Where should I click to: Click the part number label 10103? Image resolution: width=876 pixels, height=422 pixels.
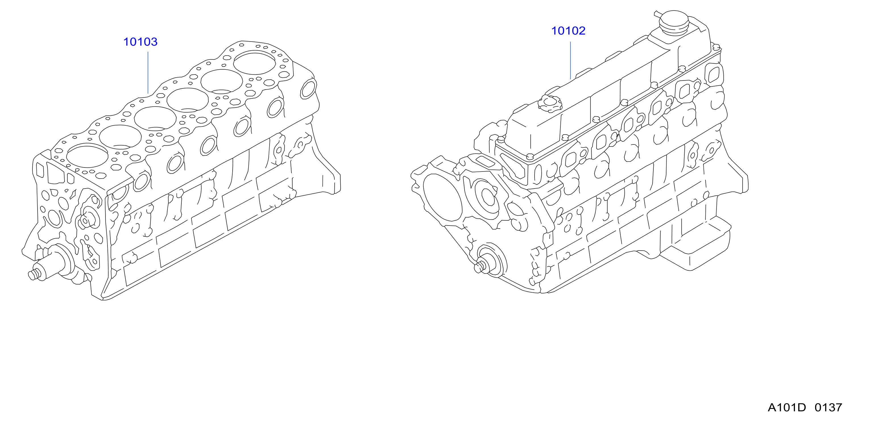tap(140, 42)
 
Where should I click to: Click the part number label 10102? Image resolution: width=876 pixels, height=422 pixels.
tap(568, 31)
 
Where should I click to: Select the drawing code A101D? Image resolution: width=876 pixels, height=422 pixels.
tap(786, 407)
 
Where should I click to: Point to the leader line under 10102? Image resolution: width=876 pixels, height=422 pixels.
tap(570, 60)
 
